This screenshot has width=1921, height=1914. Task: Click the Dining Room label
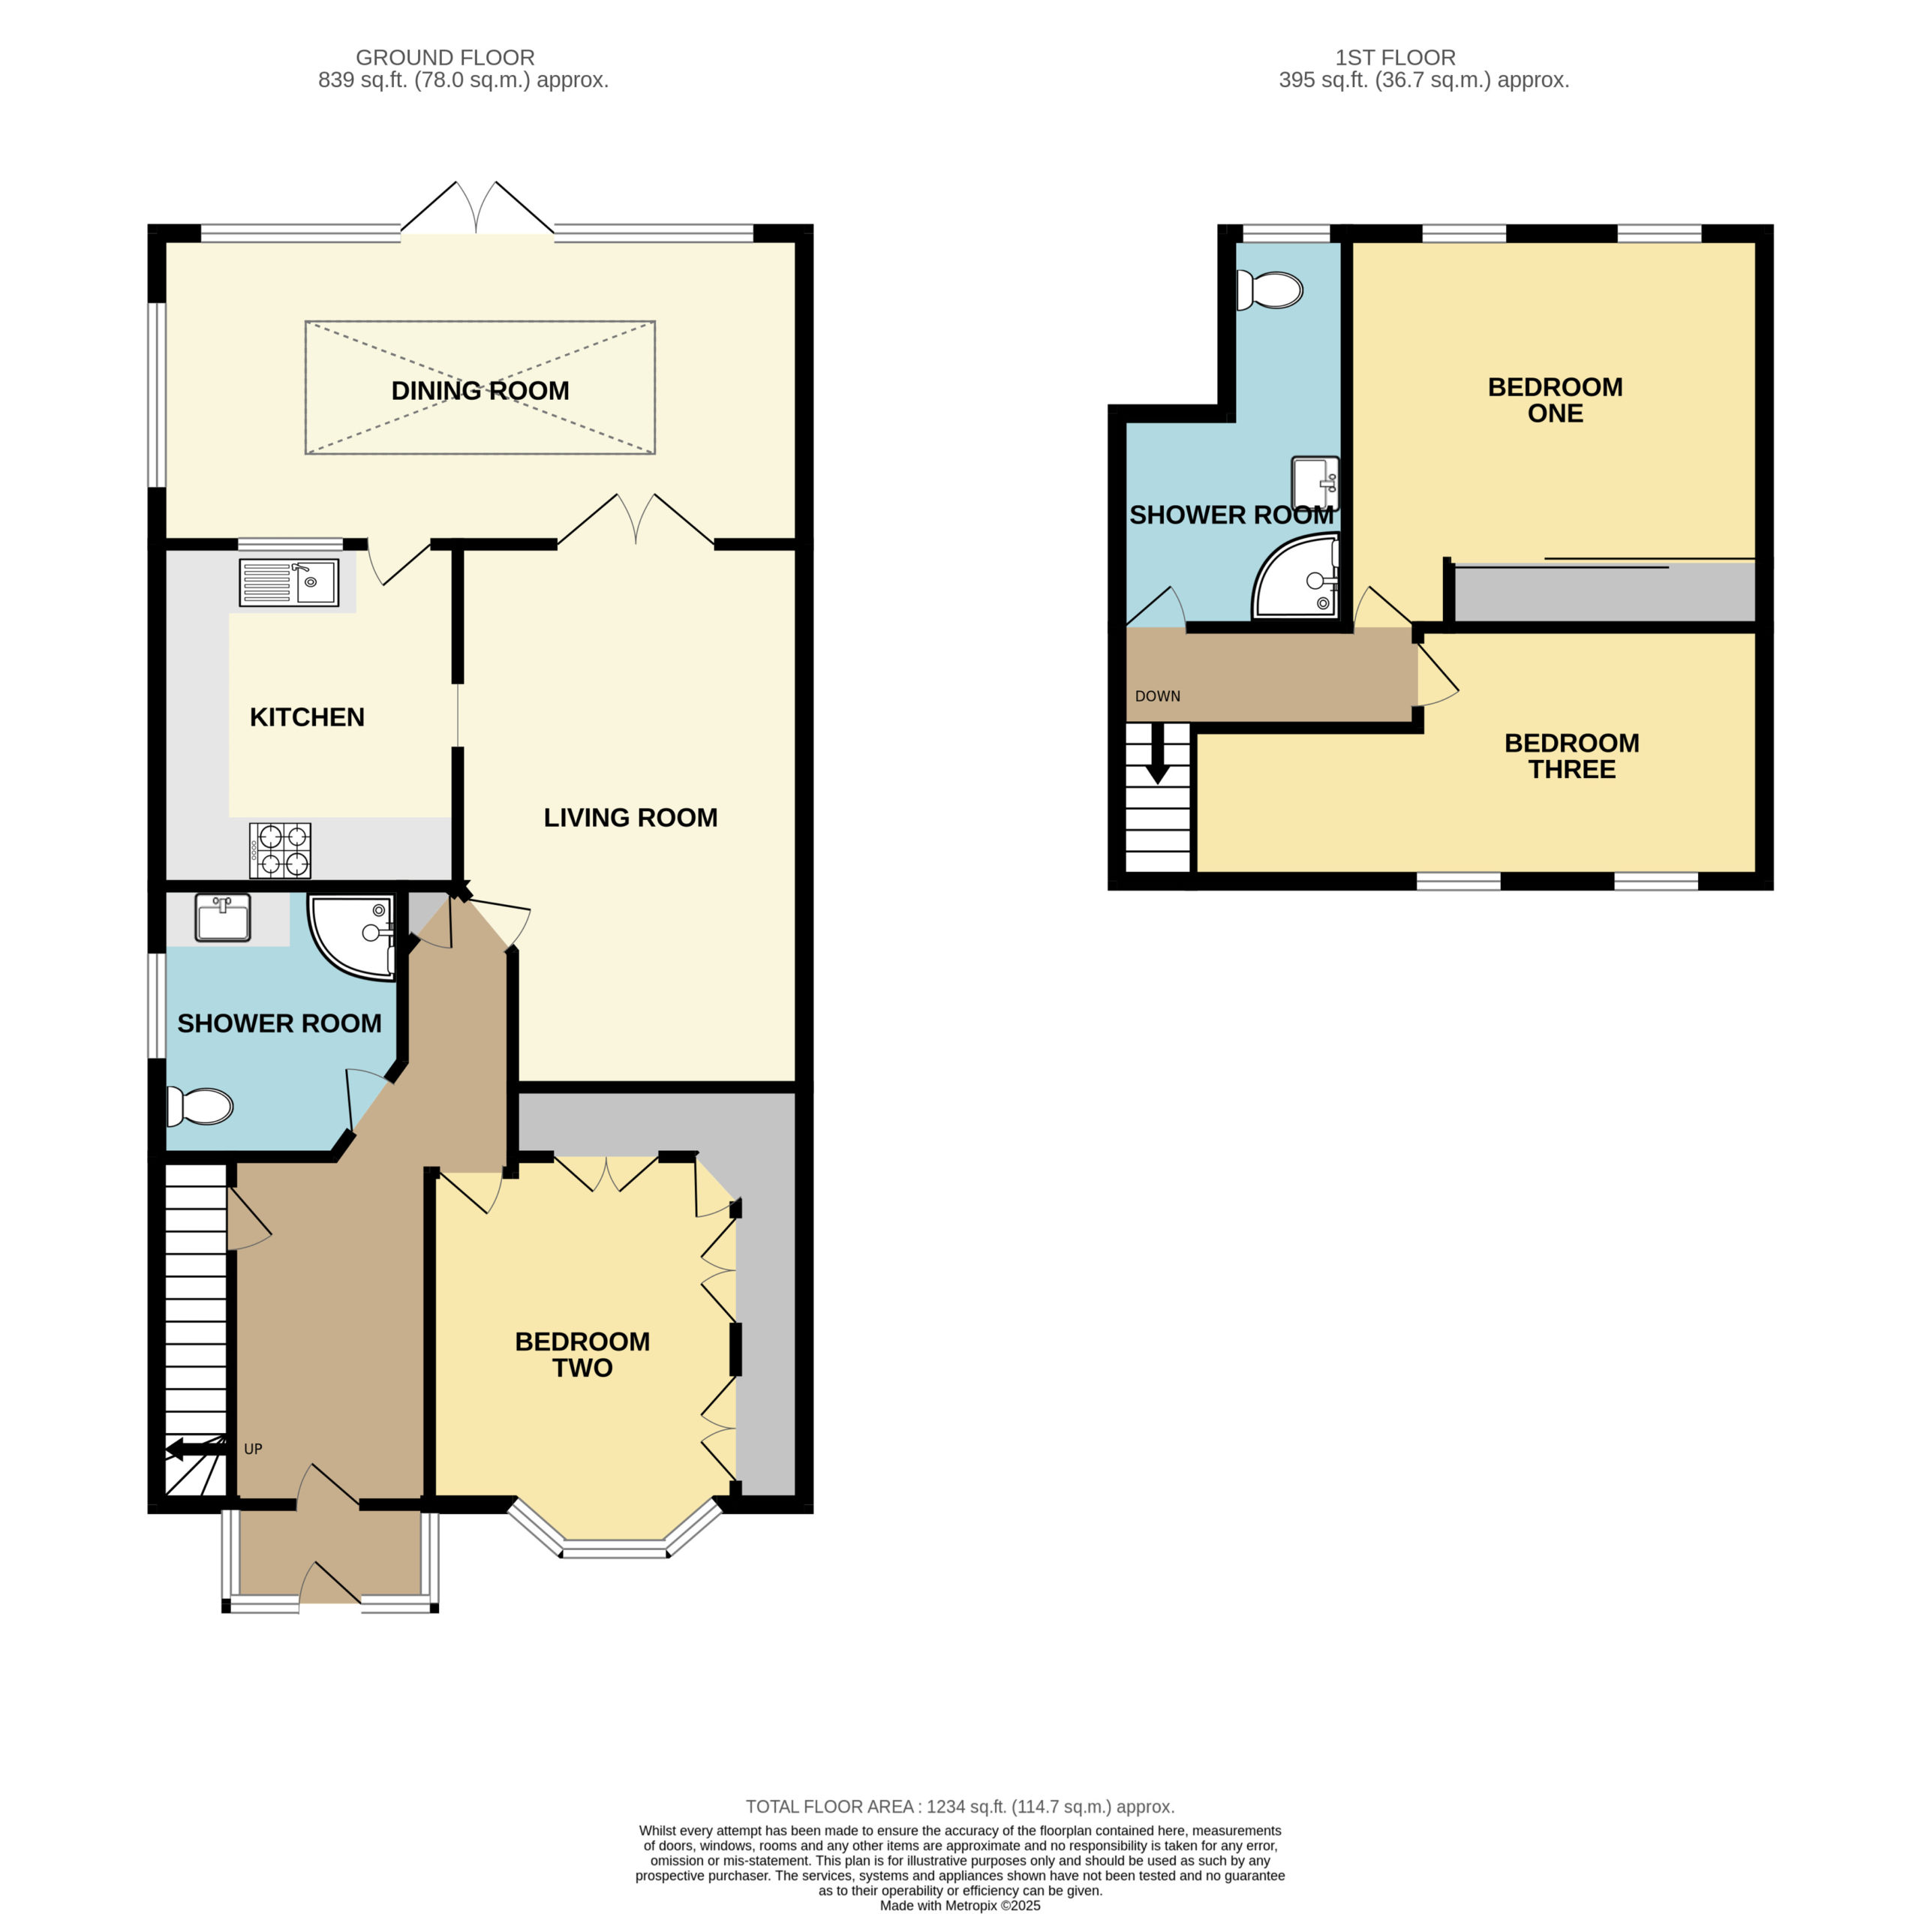click(480, 391)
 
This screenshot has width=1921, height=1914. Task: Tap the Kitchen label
click(307, 717)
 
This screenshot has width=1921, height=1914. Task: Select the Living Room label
click(630, 817)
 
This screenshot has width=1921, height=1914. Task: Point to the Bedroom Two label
click(582, 1354)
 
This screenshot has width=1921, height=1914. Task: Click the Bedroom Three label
click(1572, 756)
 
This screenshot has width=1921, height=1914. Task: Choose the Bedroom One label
click(1555, 400)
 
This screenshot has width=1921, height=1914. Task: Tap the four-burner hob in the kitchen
click(279, 850)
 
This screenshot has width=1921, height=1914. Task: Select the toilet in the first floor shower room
click(1270, 290)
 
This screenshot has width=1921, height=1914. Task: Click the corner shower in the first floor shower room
click(1297, 577)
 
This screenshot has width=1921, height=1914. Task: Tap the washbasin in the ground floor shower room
click(223, 918)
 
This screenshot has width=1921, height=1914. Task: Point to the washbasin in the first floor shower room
click(1315, 483)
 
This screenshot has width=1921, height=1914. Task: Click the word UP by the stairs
click(254, 1450)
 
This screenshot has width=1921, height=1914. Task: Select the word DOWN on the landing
click(1157, 696)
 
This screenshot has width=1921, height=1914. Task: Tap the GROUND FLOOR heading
click(446, 58)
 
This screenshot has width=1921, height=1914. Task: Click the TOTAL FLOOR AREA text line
click(960, 1807)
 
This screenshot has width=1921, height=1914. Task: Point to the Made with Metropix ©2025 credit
click(960, 1906)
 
